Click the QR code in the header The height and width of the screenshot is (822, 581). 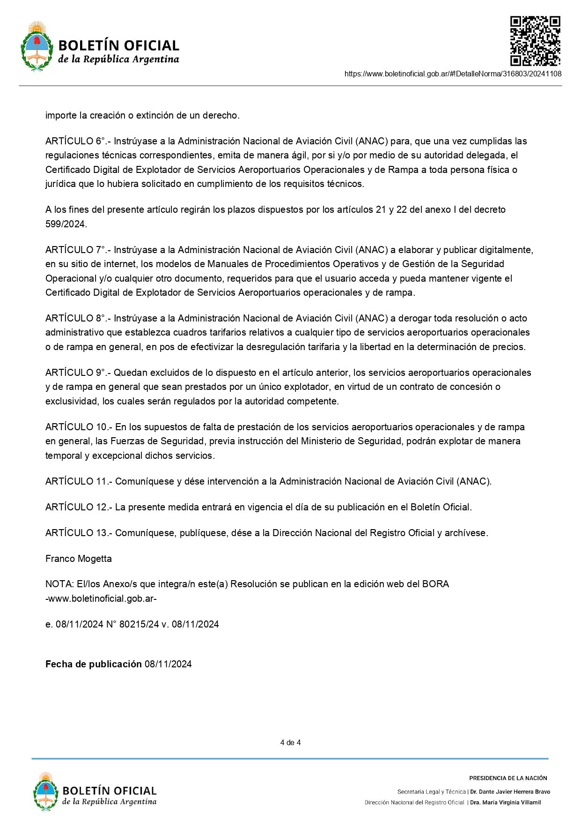point(535,41)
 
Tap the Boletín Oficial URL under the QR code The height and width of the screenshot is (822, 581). point(453,74)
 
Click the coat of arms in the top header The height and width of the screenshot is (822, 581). point(37,46)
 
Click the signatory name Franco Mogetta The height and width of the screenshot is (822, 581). point(79,559)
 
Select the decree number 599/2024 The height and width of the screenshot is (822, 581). point(66,224)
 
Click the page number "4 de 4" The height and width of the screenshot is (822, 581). point(290,742)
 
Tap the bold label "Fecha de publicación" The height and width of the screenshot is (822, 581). point(93,665)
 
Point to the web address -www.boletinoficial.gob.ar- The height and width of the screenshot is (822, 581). point(101,599)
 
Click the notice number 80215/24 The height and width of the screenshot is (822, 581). point(139,625)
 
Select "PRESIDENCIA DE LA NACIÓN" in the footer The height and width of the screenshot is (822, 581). point(508,778)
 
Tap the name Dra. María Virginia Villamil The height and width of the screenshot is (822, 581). point(505,802)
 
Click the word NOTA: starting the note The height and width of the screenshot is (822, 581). point(59,584)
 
